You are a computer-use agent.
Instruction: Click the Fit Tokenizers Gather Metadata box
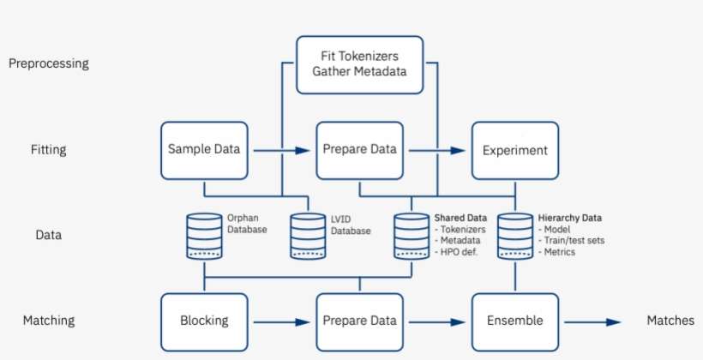[360, 64]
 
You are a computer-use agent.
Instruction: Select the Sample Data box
[204, 150]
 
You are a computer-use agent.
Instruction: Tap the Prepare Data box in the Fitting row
[359, 150]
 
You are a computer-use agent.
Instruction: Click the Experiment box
[514, 150]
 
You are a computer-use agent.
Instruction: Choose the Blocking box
[204, 321]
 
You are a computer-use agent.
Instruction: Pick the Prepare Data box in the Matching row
[359, 321]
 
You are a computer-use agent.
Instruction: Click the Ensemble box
[514, 321]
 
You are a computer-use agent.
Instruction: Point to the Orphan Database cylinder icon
[204, 236]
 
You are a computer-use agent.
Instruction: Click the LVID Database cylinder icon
[308, 236]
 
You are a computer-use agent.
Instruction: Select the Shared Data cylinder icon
[412, 236]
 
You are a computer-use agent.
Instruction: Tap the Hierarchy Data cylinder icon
[515, 236]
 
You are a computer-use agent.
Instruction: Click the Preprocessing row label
[49, 63]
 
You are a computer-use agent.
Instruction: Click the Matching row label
[49, 321]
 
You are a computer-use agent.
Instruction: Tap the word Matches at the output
[670, 321]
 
